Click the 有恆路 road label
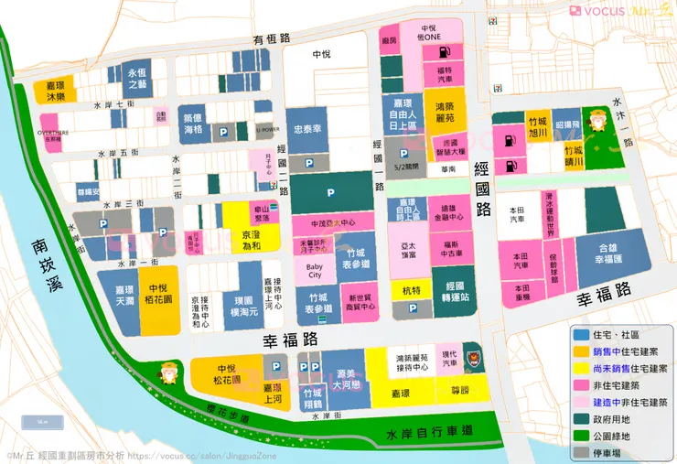pyautogui.click(x=272, y=38)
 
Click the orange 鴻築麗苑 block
pyautogui.click(x=445, y=113)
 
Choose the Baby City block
pyautogui.click(x=314, y=269)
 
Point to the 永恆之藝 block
pyautogui.click(x=137, y=77)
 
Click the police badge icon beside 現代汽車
pyautogui.click(x=473, y=354)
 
